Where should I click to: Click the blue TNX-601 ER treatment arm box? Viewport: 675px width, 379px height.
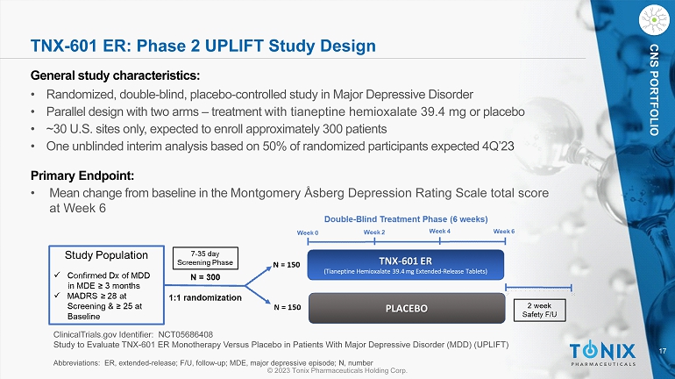pos(406,265)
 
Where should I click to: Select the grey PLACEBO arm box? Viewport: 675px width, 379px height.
pos(407,308)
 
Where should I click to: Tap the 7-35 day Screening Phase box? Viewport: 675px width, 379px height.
pos(205,258)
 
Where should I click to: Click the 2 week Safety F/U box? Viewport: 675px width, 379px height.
pos(539,310)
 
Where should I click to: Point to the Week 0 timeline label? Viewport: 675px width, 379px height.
pos(308,233)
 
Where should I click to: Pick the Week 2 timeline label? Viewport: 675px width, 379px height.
pos(374,232)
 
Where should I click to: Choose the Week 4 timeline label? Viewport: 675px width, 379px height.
pos(439,232)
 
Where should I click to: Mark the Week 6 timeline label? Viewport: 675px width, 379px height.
pos(504,232)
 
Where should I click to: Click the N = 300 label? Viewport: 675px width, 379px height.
pos(205,277)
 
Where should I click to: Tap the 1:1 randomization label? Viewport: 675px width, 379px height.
pos(205,297)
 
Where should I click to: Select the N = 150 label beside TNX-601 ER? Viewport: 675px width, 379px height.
pos(287,265)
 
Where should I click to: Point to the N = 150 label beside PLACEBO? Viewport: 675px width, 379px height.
pos(288,307)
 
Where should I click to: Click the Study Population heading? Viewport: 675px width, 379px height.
pos(106,255)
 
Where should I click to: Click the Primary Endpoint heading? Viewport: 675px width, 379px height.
pos(82,175)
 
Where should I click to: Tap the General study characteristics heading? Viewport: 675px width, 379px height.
pos(116,75)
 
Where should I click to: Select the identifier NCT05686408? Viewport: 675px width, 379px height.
pos(186,334)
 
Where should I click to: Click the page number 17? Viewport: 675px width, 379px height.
pos(663,351)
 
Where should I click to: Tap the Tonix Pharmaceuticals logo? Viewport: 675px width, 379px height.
pos(602,354)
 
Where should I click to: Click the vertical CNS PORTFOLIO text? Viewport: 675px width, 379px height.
pos(654,89)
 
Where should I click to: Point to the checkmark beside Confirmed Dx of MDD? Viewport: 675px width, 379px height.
pos(57,275)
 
